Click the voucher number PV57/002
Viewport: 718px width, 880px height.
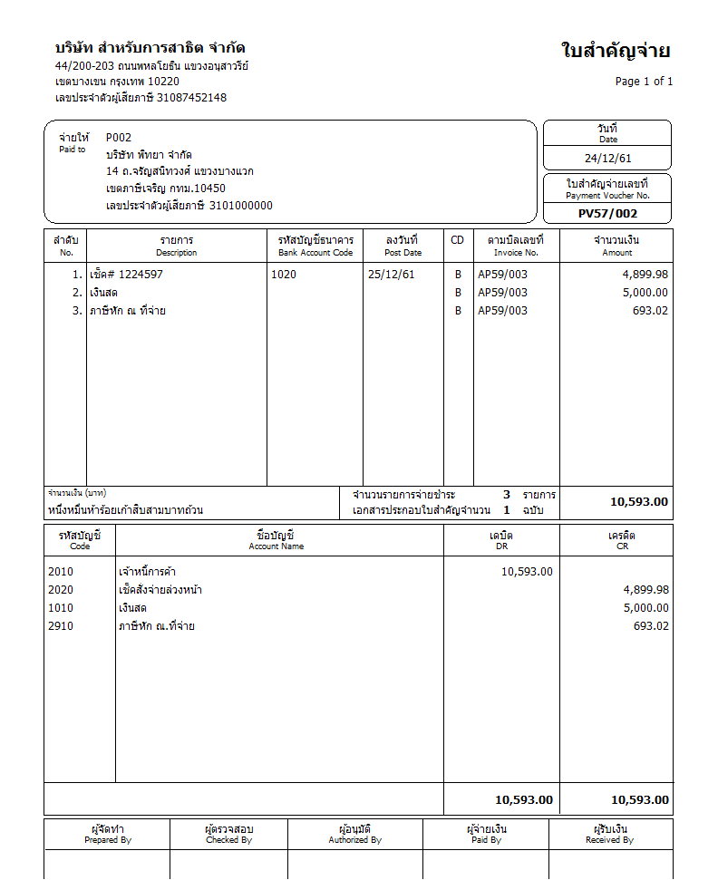coord(607,214)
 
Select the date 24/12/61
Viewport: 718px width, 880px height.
coord(607,158)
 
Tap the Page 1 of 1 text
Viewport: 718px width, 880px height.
coord(644,82)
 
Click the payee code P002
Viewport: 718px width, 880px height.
coord(119,138)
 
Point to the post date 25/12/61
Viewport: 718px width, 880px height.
coord(392,275)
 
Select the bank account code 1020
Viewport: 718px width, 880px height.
coord(284,275)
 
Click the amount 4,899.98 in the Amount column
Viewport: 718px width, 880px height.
coord(645,275)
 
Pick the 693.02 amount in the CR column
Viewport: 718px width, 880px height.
coord(651,626)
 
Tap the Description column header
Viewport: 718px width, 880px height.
coord(177,246)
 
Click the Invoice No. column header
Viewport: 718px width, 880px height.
coord(516,246)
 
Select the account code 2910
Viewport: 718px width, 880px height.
coord(61,626)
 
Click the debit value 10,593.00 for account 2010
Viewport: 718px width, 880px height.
coord(527,572)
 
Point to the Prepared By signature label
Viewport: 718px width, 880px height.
coord(108,834)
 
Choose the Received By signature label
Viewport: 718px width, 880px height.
coord(609,834)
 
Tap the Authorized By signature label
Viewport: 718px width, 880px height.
coord(354,834)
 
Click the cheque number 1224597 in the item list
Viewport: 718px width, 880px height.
coord(141,275)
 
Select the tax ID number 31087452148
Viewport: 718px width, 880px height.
coord(191,98)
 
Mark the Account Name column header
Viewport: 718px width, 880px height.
coord(277,540)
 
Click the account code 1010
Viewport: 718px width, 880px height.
coord(61,608)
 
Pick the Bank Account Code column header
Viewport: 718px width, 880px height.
coord(315,246)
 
